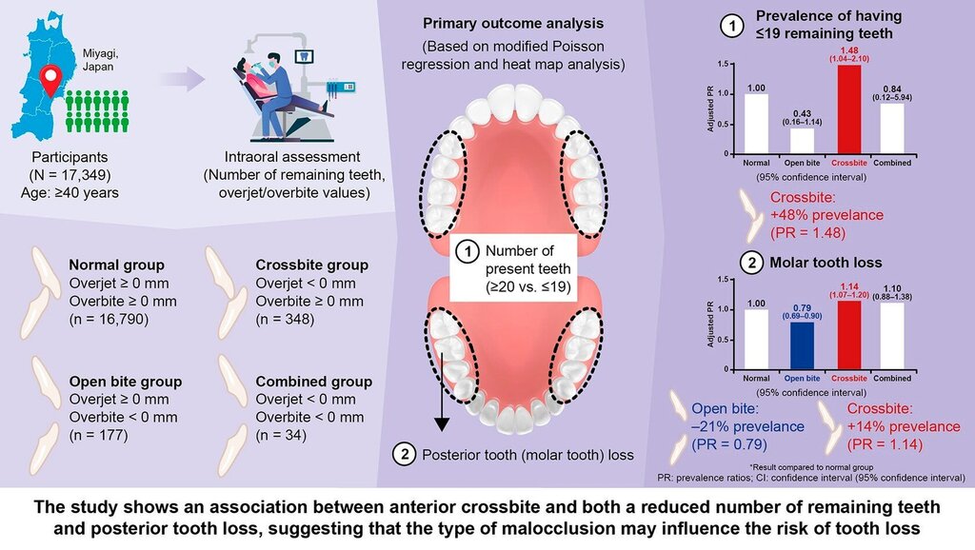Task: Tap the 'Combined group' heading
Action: point(313,382)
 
